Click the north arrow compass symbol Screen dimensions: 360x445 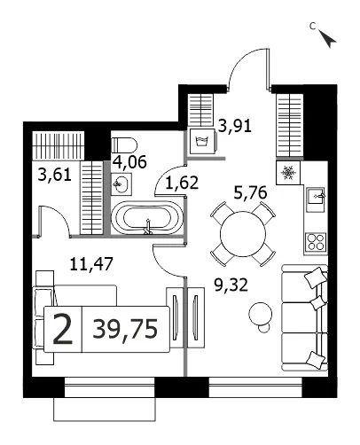tap(329, 39)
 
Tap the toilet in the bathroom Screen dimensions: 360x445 tap(125, 144)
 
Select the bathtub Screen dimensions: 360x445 tap(147, 219)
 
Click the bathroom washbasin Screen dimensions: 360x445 tap(121, 184)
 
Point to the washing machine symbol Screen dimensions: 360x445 tap(202, 141)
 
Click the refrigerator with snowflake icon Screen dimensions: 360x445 tap(288, 173)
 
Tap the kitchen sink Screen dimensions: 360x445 tap(316, 196)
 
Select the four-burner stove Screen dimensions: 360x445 tap(316, 242)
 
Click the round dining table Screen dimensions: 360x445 tap(243, 234)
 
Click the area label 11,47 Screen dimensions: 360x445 tap(91, 264)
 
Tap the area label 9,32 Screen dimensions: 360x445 tap(231, 285)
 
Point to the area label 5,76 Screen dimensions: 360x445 tap(250, 193)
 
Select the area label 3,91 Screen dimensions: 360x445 tap(235, 126)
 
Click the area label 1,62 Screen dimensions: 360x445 tap(182, 183)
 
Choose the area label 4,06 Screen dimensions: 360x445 tap(129, 162)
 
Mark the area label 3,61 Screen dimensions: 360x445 tap(55, 175)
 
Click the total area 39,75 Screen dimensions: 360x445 tap(125, 330)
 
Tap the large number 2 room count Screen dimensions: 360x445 tap(63, 329)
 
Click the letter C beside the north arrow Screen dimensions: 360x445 tap(313, 26)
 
